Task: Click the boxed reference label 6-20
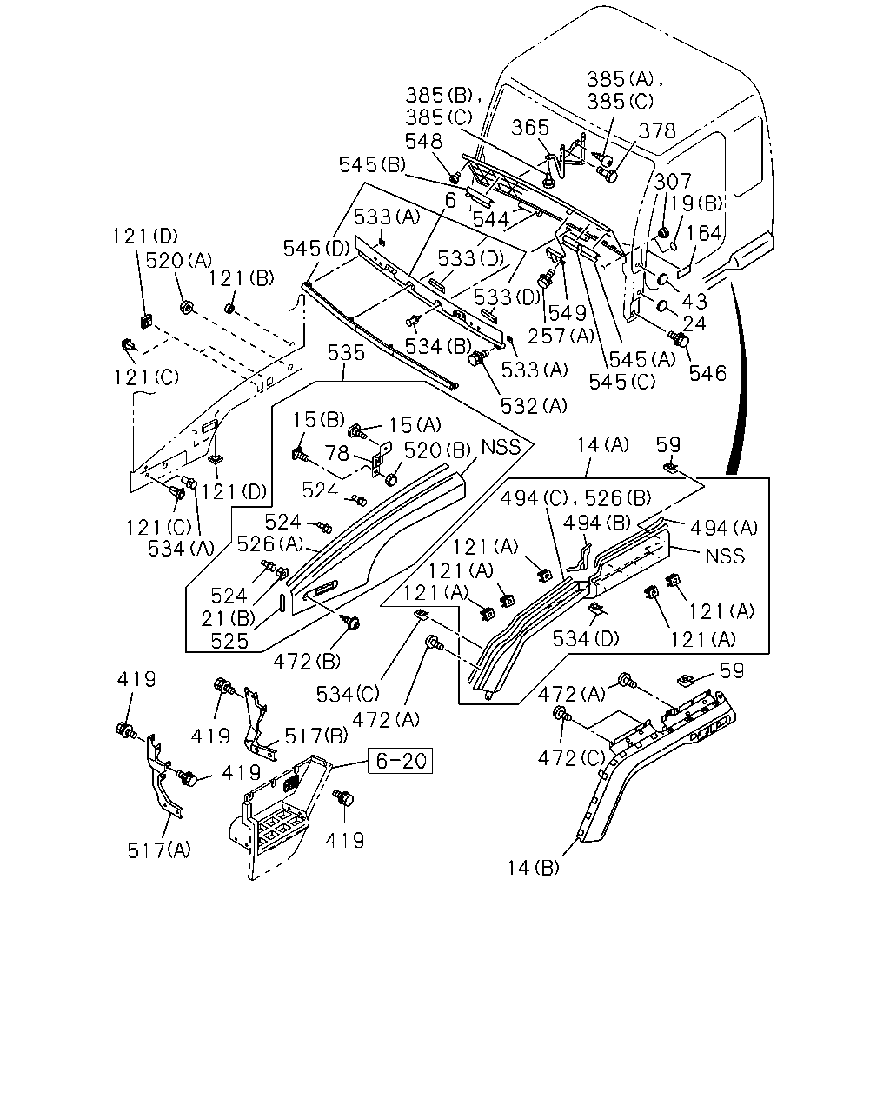[x=400, y=760]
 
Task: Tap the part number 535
[x=346, y=353]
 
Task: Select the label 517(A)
[x=159, y=850]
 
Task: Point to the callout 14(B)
[x=533, y=867]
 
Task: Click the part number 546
[x=707, y=373]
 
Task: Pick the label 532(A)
[x=534, y=406]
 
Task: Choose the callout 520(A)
[x=179, y=260]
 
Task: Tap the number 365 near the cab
[x=530, y=127]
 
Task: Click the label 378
[x=657, y=130]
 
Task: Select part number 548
[x=423, y=141]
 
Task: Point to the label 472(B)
[x=307, y=661]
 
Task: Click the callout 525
[x=229, y=642]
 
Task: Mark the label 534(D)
[x=586, y=639]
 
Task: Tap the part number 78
[x=337, y=454]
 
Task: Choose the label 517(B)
[x=316, y=736]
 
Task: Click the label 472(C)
[x=571, y=758]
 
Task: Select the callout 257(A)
[x=561, y=336]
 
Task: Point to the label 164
[x=703, y=233]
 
